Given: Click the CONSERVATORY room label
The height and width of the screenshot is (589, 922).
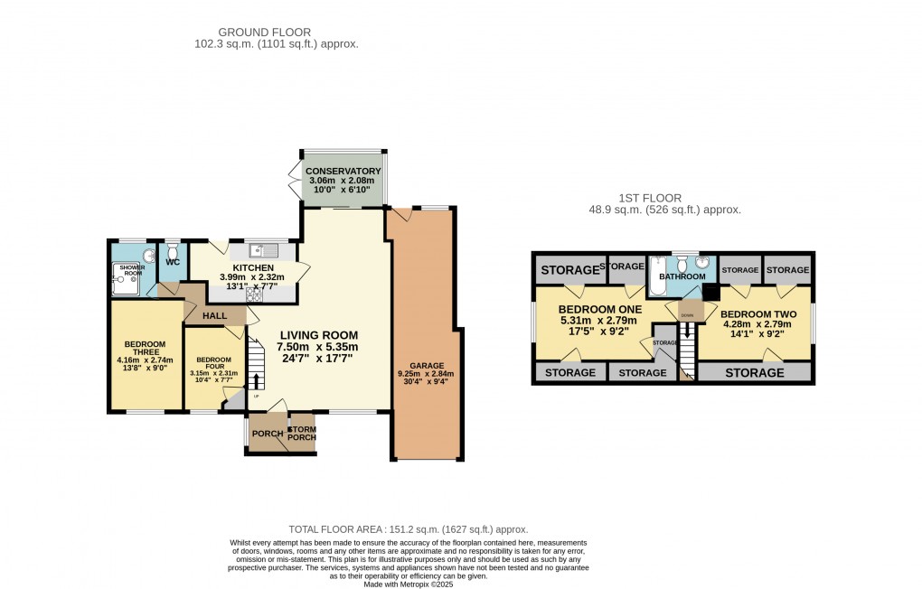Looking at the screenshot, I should click(342, 172).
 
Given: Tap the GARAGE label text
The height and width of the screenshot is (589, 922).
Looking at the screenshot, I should click(424, 364).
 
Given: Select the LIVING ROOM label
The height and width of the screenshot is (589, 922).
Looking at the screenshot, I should click(318, 335).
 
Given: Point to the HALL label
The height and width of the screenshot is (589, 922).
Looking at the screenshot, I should click(215, 315).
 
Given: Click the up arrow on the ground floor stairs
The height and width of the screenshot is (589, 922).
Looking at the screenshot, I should click(256, 380).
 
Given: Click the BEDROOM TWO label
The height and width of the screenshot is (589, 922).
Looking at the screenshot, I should click(756, 315).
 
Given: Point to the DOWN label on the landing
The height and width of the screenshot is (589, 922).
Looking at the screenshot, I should click(687, 315).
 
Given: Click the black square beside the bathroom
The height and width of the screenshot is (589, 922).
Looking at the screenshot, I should click(710, 292).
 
